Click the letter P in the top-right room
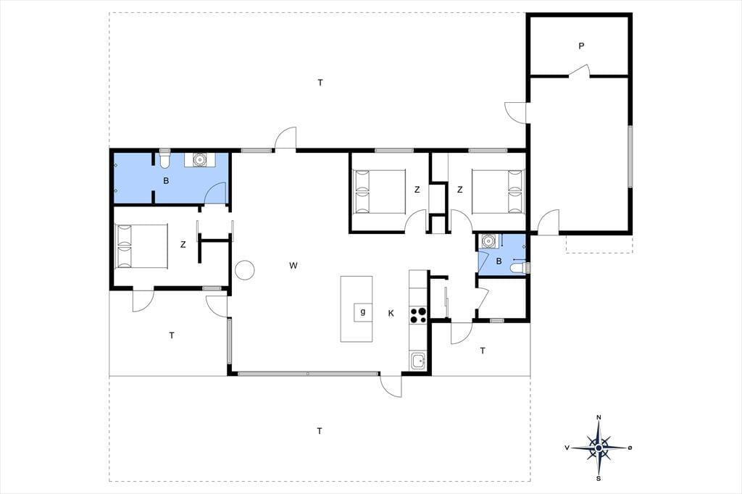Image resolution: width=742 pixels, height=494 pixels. click(x=581, y=46)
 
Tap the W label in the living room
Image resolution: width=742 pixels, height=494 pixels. click(x=293, y=265)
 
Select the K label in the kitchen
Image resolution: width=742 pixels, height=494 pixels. click(x=391, y=313)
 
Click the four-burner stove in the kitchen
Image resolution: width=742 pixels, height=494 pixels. click(x=418, y=315)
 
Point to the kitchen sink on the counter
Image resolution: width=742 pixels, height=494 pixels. click(x=418, y=361)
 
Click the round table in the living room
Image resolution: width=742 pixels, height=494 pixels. click(x=245, y=270)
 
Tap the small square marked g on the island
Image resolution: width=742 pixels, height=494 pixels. click(x=363, y=312)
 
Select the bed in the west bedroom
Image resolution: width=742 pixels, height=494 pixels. click(x=141, y=246)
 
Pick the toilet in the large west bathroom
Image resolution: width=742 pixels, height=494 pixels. click(x=164, y=159)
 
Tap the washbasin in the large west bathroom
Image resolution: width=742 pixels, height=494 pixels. click(x=201, y=160)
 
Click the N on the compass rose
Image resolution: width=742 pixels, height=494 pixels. click(x=599, y=417)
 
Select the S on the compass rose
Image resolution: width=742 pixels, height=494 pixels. click(x=599, y=478)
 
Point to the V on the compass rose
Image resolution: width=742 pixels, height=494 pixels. click(x=567, y=448)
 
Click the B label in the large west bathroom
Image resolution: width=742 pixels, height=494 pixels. click(x=166, y=180)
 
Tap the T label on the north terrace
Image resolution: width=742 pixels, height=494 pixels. click(x=320, y=83)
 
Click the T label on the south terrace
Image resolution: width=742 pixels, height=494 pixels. click(x=320, y=430)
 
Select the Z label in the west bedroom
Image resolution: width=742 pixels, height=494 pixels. click(x=183, y=245)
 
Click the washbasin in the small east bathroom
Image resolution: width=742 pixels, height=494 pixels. click(x=488, y=241)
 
